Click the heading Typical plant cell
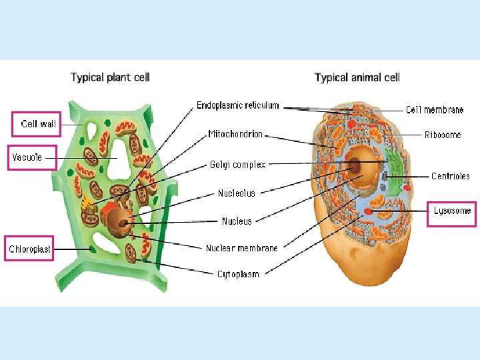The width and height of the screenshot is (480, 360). click(111, 77)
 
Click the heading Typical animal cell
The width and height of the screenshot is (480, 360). click(357, 77)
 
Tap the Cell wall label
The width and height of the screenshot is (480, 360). click(39, 124)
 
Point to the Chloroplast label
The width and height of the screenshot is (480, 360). click(29, 249)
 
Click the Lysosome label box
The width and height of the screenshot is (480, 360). click(452, 211)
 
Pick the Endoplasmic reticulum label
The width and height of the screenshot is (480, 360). click(238, 105)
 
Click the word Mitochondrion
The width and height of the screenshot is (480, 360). click(235, 134)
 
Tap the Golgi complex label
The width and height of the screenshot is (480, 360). click(238, 164)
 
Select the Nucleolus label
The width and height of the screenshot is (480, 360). click(236, 193)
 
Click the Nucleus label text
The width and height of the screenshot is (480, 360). click(237, 221)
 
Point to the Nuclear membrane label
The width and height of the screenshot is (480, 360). click(241, 248)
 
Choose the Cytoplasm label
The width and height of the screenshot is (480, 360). click(238, 273)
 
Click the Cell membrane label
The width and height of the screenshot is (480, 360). click(435, 110)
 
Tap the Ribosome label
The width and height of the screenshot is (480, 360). click(443, 135)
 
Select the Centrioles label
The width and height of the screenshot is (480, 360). click(451, 177)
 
